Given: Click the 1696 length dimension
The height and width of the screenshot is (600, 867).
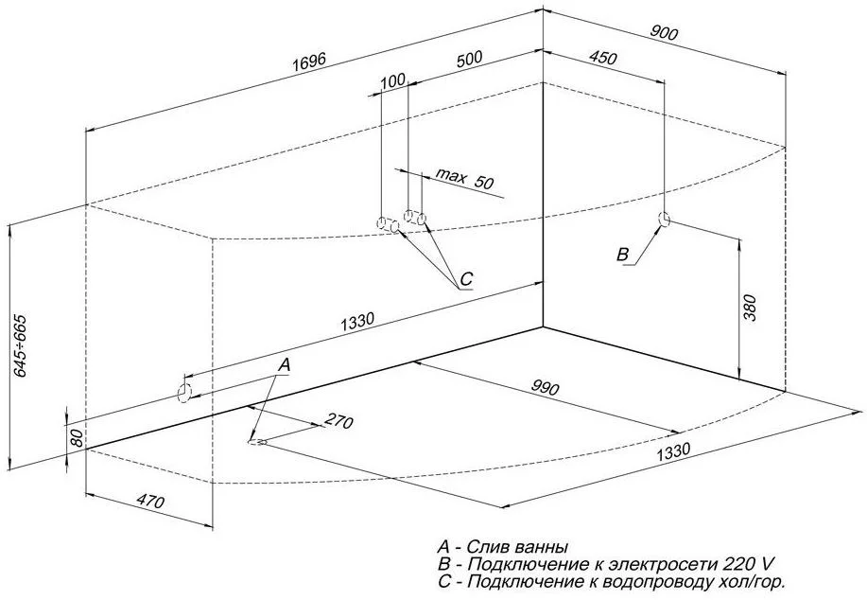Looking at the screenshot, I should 307,61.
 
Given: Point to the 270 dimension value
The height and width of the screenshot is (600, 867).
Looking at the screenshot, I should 338,421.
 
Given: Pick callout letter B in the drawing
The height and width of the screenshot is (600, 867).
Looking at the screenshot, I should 622,254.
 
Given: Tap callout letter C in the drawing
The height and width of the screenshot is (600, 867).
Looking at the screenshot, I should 465,280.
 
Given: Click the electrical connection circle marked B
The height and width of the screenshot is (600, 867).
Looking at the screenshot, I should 665,221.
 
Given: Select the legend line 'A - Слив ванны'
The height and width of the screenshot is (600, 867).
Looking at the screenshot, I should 501,547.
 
